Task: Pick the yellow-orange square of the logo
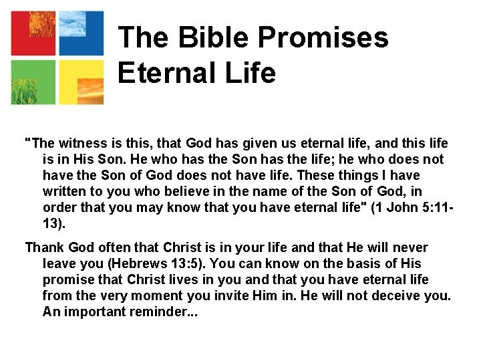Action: [81, 82]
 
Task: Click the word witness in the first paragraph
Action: [80, 144]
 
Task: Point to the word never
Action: [410, 248]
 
